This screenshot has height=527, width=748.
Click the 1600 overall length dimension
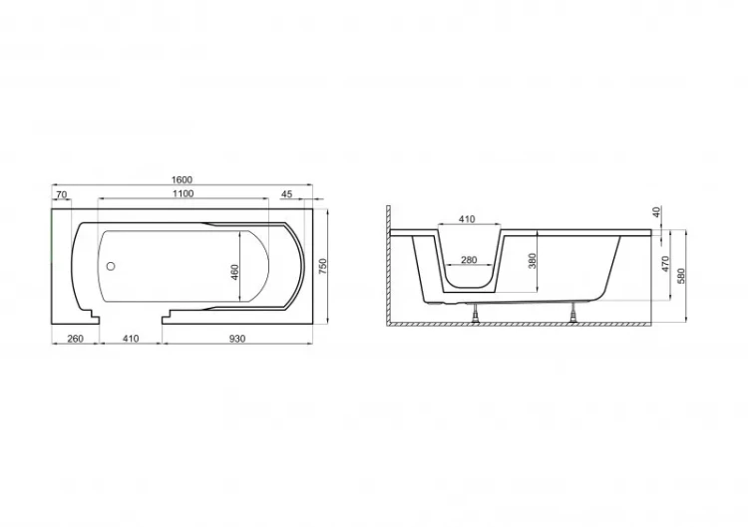click(x=182, y=179)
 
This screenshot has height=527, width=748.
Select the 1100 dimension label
click(x=184, y=193)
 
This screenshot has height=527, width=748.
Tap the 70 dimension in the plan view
click(x=62, y=194)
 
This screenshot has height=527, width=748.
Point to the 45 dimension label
click(x=286, y=194)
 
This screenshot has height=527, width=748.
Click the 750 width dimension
click(x=323, y=266)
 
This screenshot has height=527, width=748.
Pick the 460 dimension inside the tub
click(x=234, y=272)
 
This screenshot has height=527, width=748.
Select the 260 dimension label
click(x=76, y=339)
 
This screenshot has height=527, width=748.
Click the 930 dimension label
click(x=237, y=339)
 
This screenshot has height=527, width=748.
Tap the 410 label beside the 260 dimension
click(x=131, y=339)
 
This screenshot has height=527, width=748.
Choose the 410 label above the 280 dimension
click(x=467, y=219)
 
